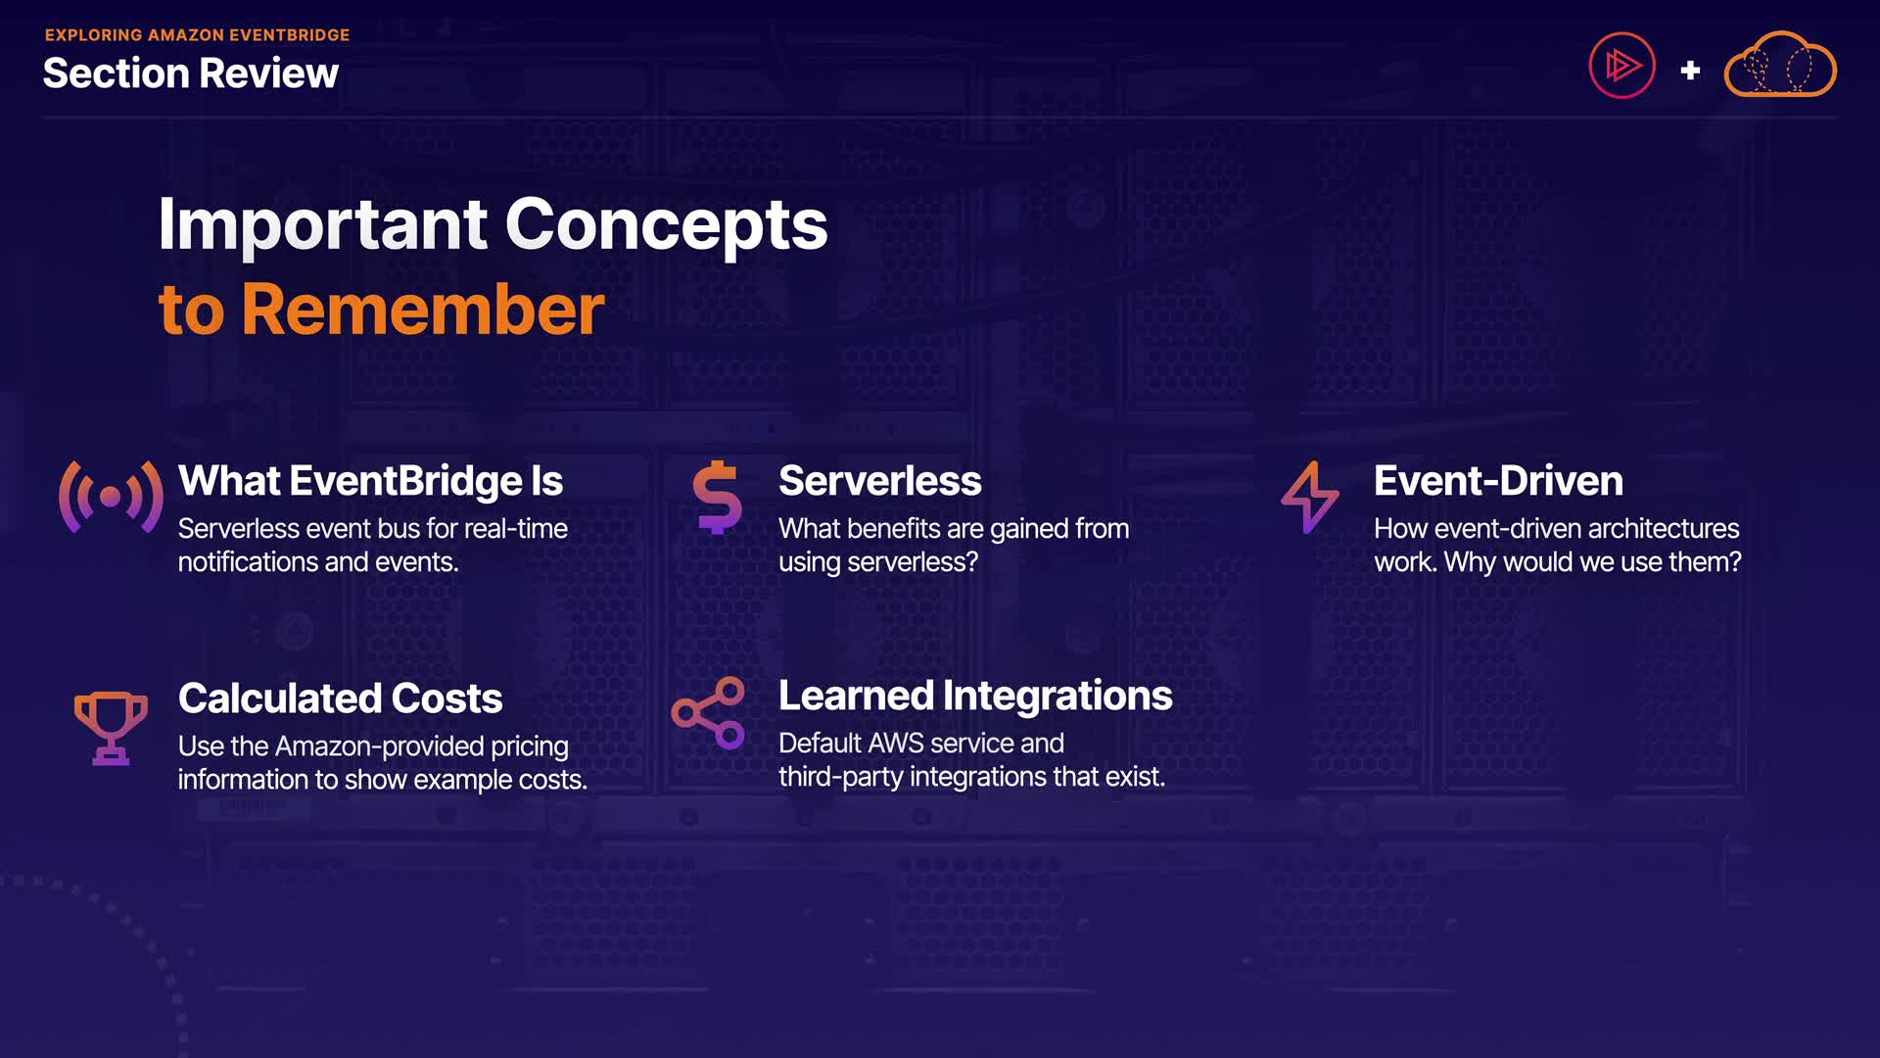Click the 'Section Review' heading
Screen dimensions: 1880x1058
point(191,73)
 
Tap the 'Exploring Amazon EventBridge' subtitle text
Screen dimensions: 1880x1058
point(197,35)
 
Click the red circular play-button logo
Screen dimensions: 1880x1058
point(1621,66)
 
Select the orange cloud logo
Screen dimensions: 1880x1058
point(1780,65)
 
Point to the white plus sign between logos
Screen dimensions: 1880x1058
point(1690,71)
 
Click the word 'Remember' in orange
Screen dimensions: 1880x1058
point(423,310)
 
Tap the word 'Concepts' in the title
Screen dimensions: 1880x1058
point(667,225)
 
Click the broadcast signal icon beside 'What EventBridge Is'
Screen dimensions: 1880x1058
point(111,497)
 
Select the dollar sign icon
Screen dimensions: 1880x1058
point(718,497)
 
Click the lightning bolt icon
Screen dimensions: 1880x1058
point(1310,497)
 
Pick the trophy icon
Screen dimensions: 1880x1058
point(111,728)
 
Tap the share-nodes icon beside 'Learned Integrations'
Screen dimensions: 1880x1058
point(708,713)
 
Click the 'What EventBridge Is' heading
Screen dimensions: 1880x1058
point(370,481)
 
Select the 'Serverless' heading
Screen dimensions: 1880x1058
point(879,481)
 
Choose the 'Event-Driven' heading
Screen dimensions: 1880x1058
point(1498,481)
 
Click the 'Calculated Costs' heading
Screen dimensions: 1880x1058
point(340,698)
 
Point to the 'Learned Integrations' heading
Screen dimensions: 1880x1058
point(975,696)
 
